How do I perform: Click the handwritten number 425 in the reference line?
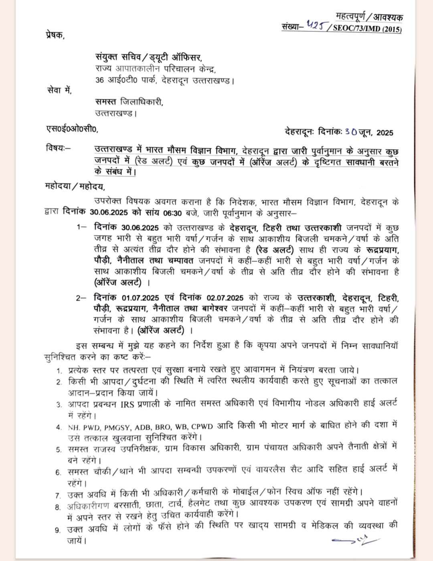(315, 26)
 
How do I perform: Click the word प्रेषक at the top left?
(54, 35)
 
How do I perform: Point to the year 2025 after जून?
(385, 132)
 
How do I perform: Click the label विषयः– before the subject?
(58, 149)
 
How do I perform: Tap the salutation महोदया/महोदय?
(75, 187)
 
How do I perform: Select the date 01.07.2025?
(141, 298)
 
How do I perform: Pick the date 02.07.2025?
(225, 298)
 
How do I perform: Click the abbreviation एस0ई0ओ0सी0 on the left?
(71, 129)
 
